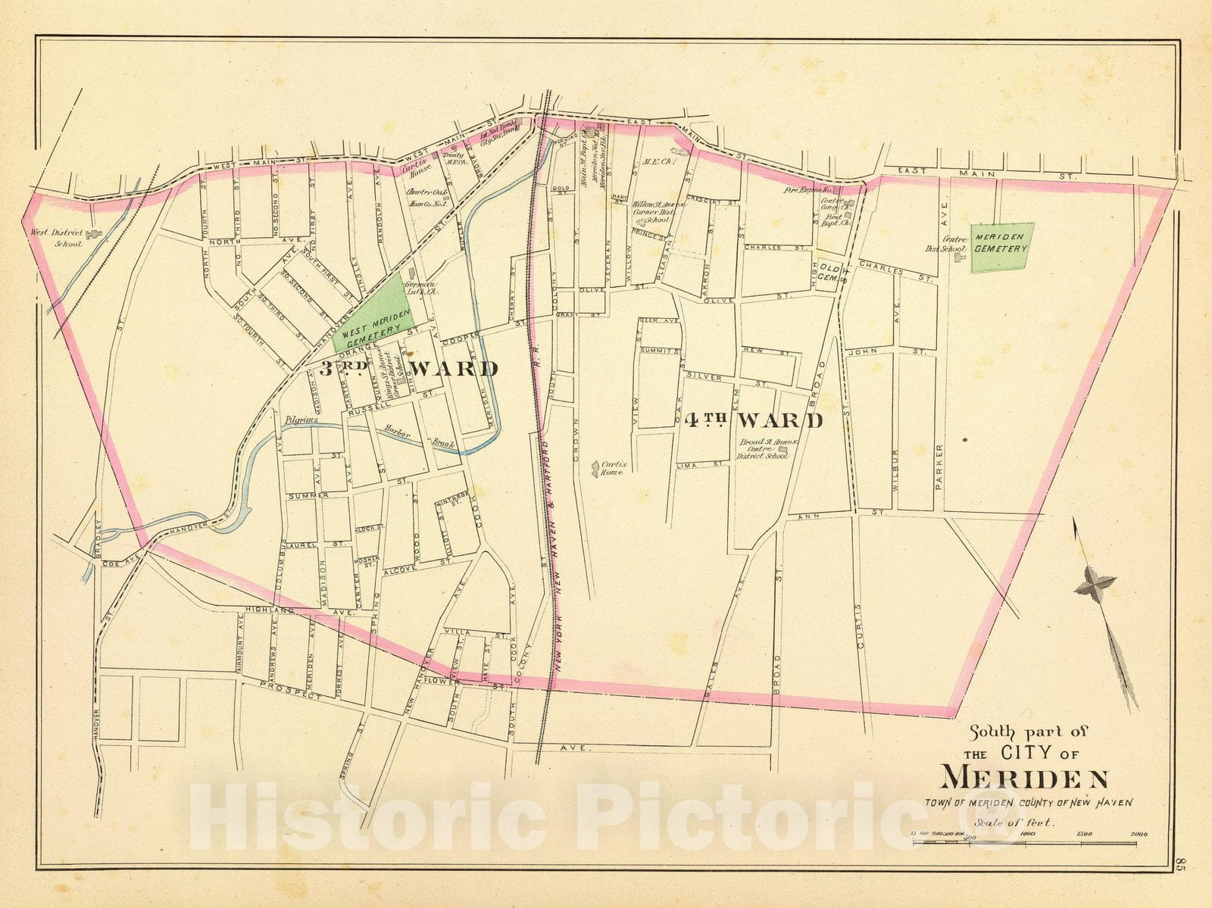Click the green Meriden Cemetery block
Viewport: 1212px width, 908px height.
click(1000, 247)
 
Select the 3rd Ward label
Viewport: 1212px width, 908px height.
click(408, 369)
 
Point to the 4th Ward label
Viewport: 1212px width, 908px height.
click(753, 420)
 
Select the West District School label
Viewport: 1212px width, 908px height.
click(55, 237)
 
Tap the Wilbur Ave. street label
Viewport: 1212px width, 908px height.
click(895, 470)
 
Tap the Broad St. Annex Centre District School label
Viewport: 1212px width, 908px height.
click(764, 451)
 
